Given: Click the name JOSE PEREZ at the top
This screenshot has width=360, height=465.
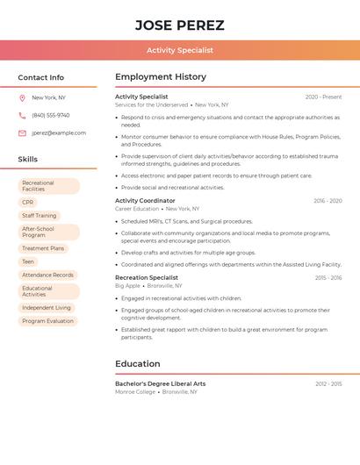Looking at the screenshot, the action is point(180,25).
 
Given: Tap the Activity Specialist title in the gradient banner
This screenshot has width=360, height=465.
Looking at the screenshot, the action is point(180,50).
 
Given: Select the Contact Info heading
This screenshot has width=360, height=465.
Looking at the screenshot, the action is point(41,77).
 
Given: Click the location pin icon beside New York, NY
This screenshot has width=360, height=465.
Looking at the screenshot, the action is point(22,98).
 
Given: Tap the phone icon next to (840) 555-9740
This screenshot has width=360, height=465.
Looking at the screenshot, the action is point(22,116).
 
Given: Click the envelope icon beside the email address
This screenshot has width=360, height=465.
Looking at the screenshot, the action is point(22,133).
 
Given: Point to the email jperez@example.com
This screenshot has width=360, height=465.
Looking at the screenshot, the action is point(59,133).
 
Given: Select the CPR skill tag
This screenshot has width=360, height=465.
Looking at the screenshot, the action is point(28,203).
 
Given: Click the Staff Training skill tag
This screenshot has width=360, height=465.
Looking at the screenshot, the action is point(40,216).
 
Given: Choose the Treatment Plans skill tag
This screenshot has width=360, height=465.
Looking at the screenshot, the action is point(43,248).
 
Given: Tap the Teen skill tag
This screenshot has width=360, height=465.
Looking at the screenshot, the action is point(28,261).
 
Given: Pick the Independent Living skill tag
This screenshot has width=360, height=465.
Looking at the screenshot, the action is point(47,308).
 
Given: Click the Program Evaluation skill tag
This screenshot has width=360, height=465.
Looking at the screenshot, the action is point(48,321).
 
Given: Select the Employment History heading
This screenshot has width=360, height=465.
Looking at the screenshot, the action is point(161,77).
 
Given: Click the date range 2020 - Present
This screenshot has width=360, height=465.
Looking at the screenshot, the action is point(323,97).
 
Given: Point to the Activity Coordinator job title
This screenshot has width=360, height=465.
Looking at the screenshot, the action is point(145,201).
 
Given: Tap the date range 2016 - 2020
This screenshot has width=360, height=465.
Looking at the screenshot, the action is point(328,201).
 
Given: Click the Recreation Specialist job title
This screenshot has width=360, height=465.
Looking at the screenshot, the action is point(146,277).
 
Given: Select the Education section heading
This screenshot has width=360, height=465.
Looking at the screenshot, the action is point(138,363).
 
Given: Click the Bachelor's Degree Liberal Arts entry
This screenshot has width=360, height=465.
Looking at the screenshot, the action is point(161,383).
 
